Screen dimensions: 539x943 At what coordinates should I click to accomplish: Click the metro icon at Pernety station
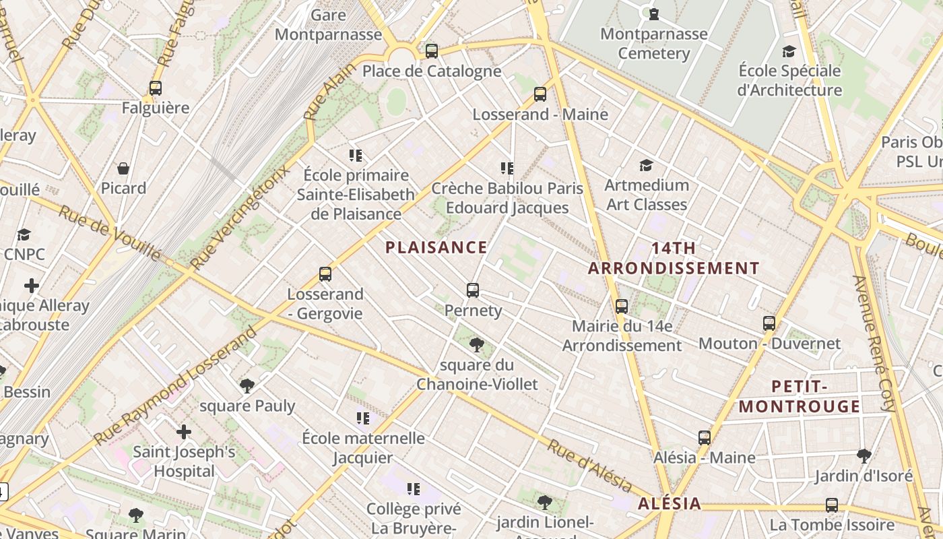click(x=473, y=290)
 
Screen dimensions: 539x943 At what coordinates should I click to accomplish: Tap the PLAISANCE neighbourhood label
click(x=436, y=247)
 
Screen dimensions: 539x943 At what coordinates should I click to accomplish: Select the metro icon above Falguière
click(x=156, y=88)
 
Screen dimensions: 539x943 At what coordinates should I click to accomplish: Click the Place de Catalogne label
click(x=432, y=71)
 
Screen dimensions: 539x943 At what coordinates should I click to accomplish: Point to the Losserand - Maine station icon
click(x=540, y=94)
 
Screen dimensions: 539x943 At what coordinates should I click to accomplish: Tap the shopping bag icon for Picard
click(x=123, y=168)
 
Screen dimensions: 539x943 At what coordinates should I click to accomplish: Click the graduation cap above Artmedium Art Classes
click(x=646, y=165)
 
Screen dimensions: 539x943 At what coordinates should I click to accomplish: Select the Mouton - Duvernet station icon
click(x=769, y=323)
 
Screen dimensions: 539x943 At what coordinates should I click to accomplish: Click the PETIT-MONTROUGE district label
click(x=800, y=396)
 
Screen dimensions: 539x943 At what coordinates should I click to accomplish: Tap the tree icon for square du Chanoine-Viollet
click(x=477, y=345)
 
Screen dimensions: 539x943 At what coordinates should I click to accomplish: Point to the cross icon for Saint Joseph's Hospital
click(x=184, y=431)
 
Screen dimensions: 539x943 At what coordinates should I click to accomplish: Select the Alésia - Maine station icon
click(x=705, y=438)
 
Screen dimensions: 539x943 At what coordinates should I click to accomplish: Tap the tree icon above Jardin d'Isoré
click(x=864, y=456)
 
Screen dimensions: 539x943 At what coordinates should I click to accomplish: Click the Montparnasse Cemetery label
click(x=653, y=43)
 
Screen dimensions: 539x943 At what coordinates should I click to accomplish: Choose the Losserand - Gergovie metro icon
click(x=325, y=274)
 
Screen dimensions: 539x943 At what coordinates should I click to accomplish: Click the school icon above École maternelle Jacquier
click(x=363, y=418)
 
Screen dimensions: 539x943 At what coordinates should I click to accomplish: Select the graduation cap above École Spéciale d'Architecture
click(x=789, y=51)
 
